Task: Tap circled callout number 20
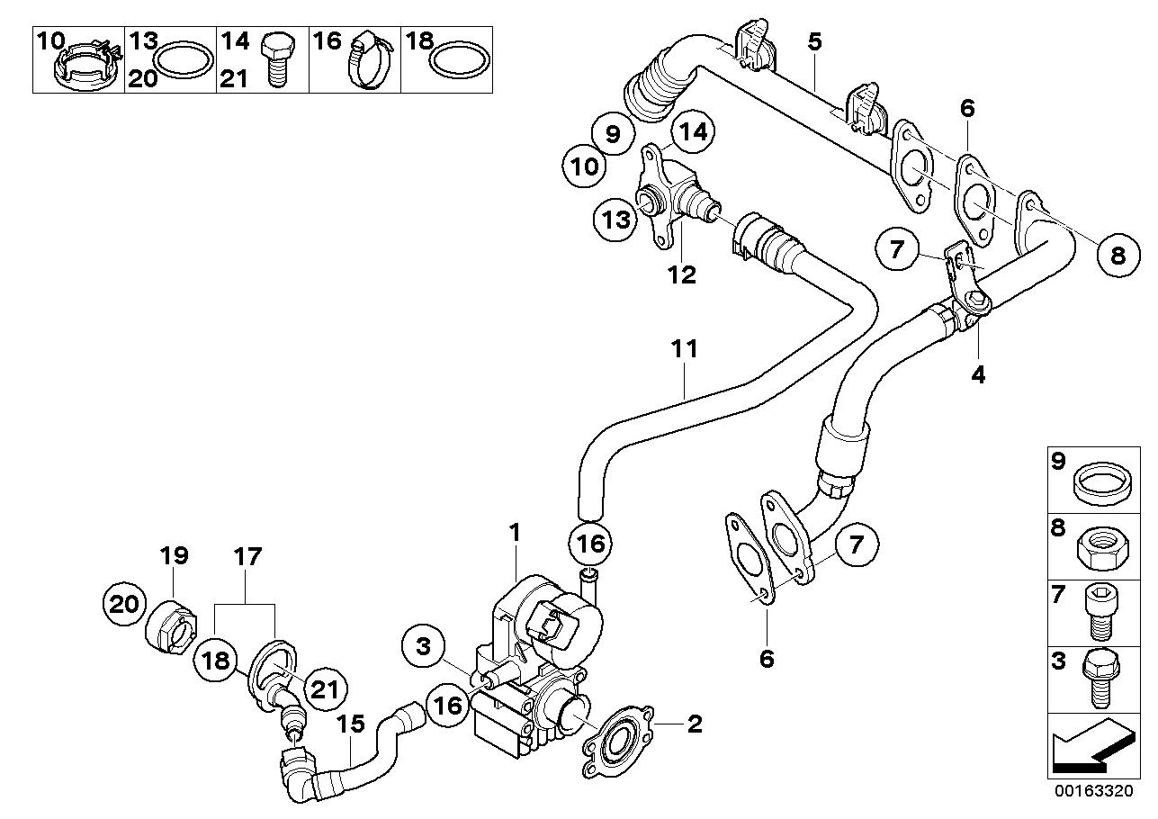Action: pos(126,603)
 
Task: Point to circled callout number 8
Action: pos(1118,255)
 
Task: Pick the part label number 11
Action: pos(685,349)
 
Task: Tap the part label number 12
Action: pos(681,274)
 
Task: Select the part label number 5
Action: pos(814,41)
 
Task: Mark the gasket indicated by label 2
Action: pos(616,741)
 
